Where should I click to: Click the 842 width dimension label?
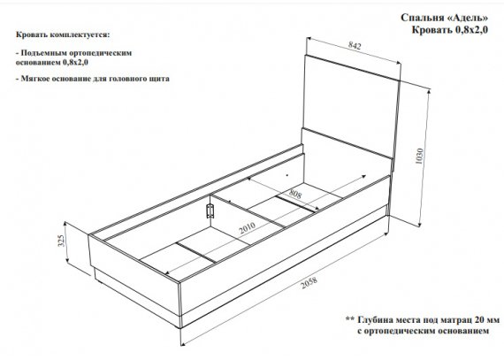click(355, 46)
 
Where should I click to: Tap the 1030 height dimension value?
click(420, 157)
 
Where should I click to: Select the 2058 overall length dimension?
click(309, 282)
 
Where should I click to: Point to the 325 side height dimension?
click(61, 241)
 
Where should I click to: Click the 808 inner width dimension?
click(295, 194)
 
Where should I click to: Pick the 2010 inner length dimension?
click(248, 228)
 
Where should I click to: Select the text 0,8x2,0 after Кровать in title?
click(471, 30)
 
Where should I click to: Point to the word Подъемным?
click(43, 53)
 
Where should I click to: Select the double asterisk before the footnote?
click(350, 319)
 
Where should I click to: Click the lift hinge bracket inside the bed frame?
click(210, 211)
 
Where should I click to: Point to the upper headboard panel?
click(351, 105)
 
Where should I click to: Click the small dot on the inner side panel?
click(287, 175)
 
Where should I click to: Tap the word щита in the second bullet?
click(160, 79)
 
